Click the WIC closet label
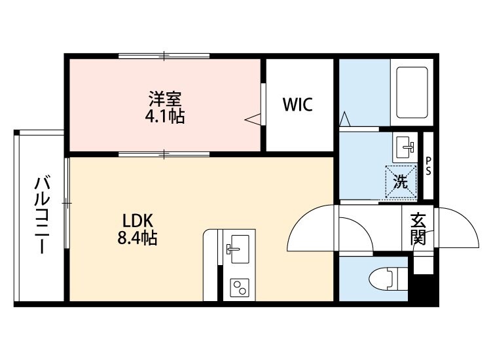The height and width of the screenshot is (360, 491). tap(298, 105)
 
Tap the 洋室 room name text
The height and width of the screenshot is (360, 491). tap(165, 99)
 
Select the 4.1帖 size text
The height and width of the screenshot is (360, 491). tap(165, 117)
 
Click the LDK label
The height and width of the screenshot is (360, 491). tap(137, 221)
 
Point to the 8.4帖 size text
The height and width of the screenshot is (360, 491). tap(137, 238)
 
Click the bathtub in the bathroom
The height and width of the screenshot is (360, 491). tap(410, 92)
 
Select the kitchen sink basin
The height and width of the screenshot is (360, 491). tap(237, 247)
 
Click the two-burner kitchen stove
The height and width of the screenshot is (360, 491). tap(238, 287)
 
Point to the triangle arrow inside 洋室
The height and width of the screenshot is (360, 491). tap(253, 118)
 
